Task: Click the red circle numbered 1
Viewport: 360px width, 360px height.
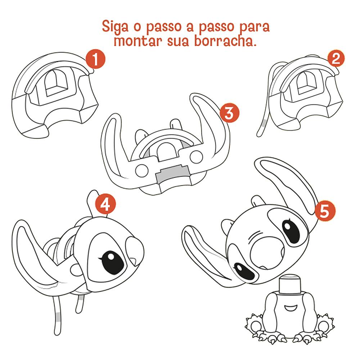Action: pos(95,59)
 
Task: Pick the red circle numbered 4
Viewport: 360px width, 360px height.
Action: pos(105,204)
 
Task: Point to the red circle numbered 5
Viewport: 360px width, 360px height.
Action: pos(325,211)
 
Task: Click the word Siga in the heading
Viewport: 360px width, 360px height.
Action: pos(115,27)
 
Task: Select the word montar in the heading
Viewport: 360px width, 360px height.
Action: pos(138,41)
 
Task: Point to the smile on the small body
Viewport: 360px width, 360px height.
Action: pos(290,308)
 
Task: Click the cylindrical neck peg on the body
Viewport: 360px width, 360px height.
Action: pos(290,285)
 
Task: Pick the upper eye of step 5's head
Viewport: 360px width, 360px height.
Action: pos(291,231)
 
